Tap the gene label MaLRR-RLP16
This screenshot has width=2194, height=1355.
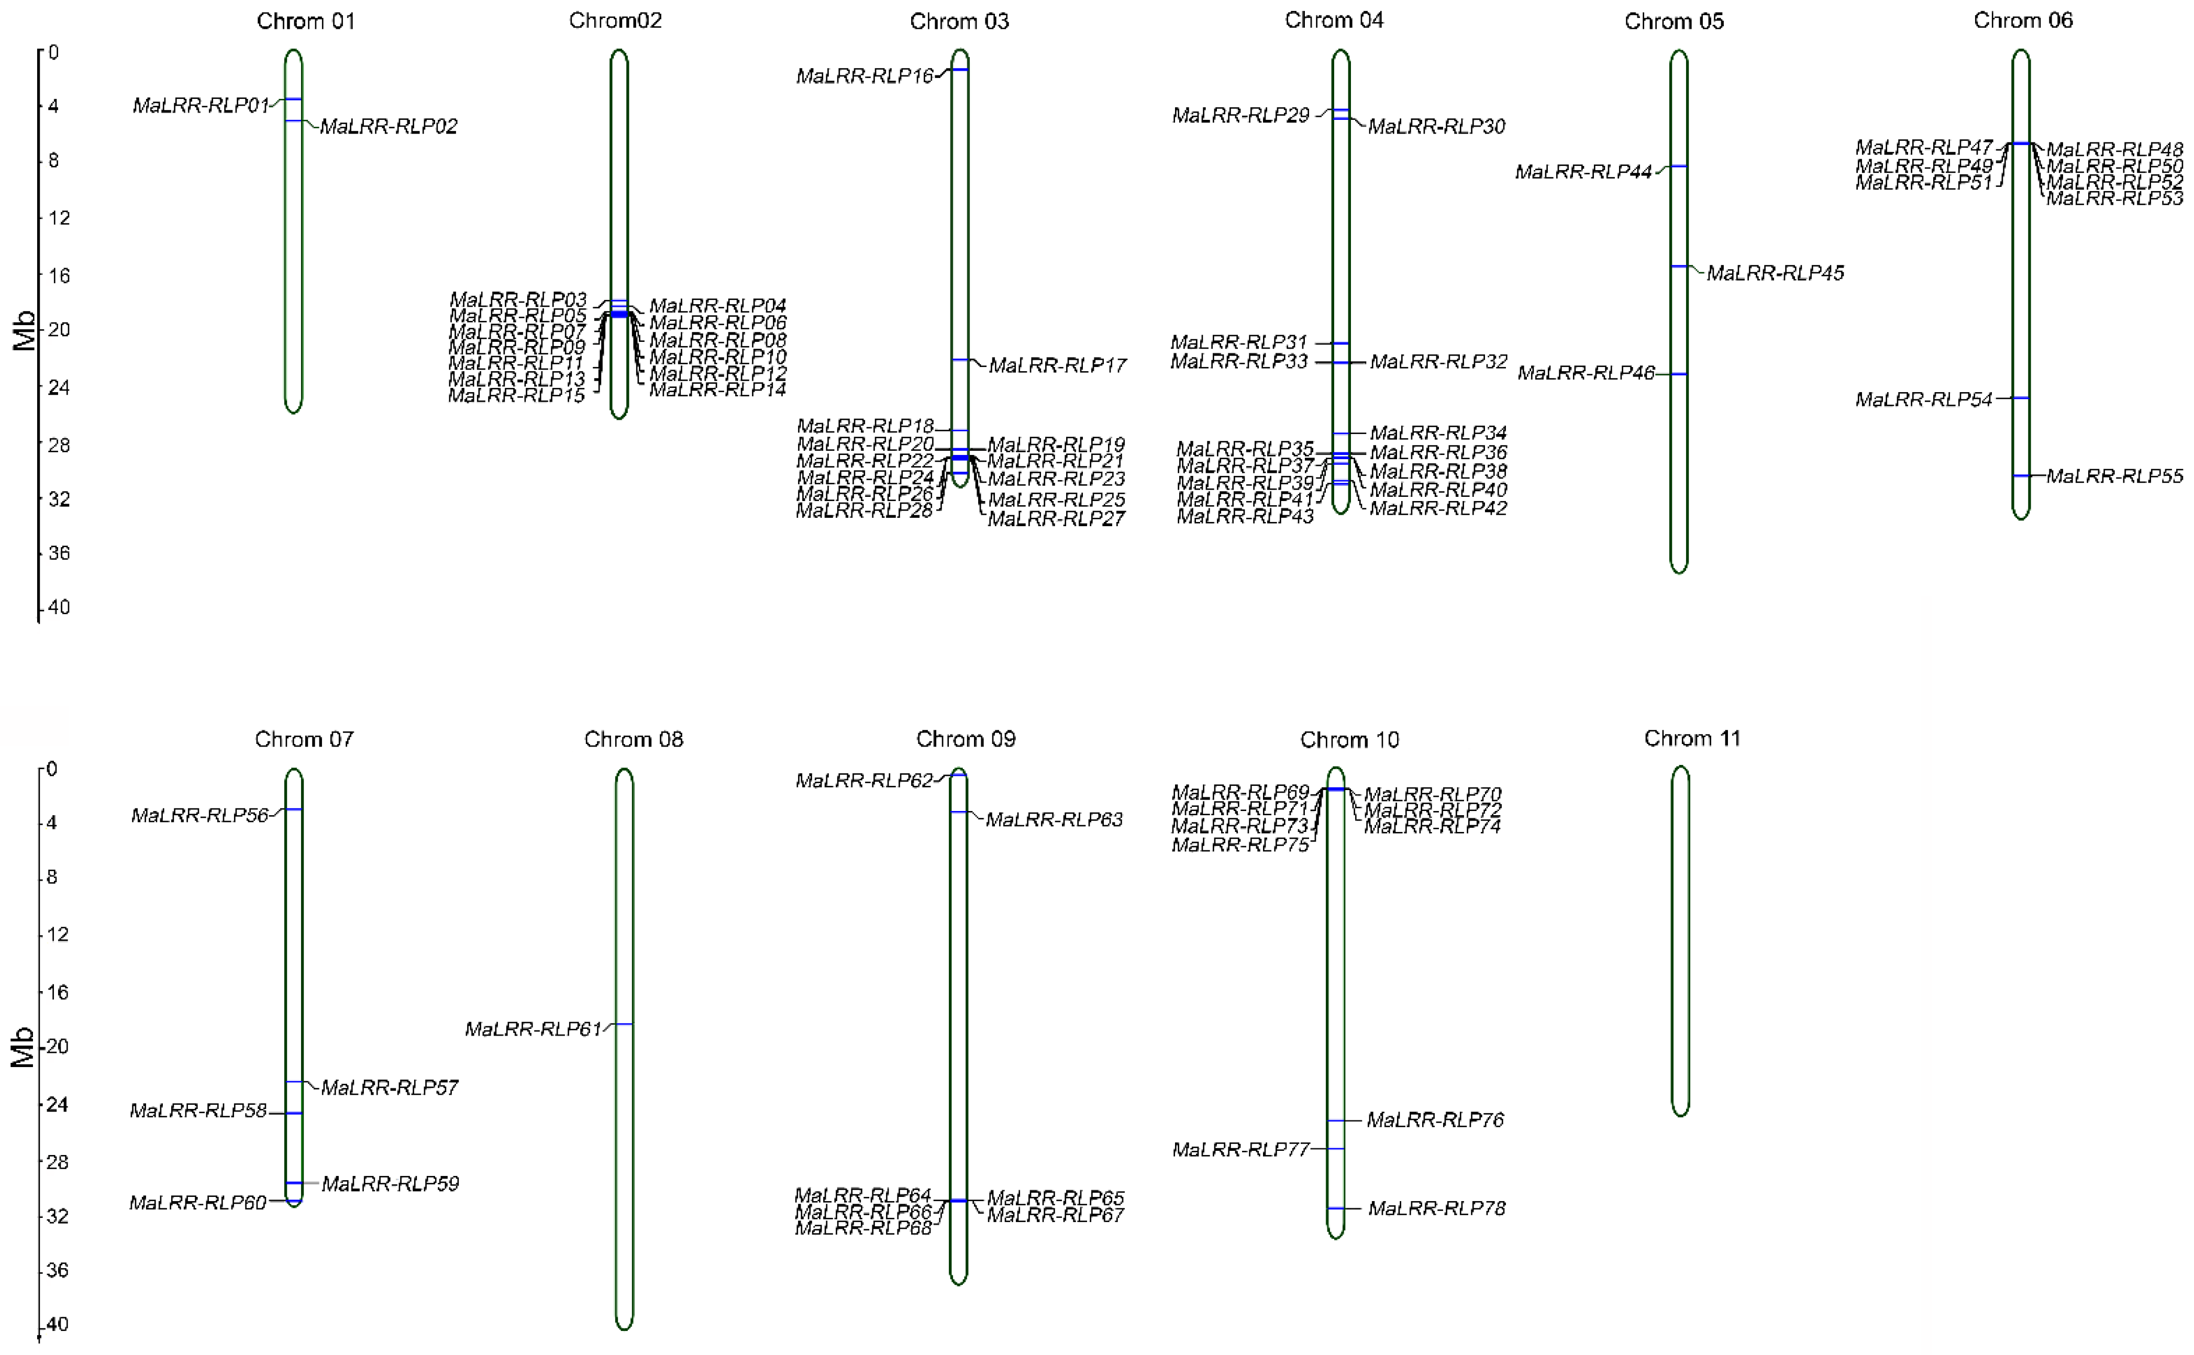tap(865, 76)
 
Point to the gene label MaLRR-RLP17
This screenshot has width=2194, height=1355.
tap(1058, 365)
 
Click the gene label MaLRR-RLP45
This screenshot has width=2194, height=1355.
tap(1775, 273)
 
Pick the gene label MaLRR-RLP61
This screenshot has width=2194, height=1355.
tap(533, 1030)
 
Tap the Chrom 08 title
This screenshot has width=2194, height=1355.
tap(634, 739)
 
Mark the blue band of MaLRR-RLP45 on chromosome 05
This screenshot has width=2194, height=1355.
tap(1679, 266)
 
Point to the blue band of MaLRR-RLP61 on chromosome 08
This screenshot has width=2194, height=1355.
tap(624, 1024)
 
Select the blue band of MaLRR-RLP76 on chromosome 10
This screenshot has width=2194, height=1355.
tap(1335, 1121)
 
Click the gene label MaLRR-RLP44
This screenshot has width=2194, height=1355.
tap(1583, 172)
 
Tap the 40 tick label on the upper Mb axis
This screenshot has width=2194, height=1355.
tap(58, 607)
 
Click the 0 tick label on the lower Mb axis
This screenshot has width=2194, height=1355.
tap(52, 769)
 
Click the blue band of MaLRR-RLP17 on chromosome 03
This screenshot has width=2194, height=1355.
tap(959, 359)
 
